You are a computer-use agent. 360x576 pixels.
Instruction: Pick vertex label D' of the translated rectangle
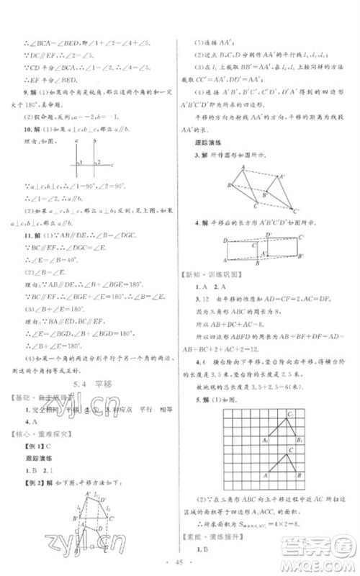coord(268,235)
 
